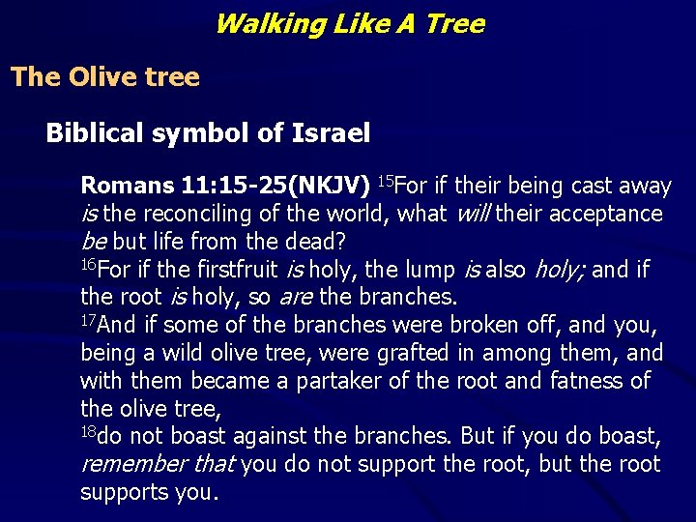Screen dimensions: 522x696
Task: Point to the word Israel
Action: pos(331,133)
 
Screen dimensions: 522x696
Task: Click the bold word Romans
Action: pos(123,185)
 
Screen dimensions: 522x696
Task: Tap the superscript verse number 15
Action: pos(385,180)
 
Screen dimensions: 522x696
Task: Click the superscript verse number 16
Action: pos(88,263)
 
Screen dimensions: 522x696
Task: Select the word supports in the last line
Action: pos(122,492)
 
